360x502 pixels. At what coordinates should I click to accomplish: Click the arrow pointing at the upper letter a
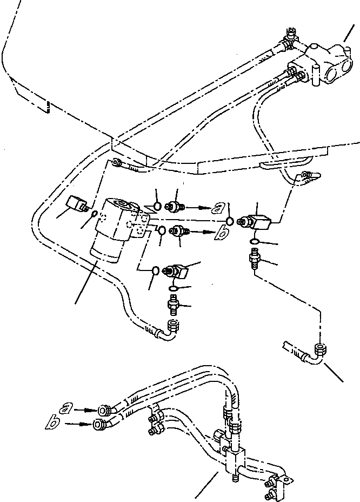pyautogui.click(x=200, y=207)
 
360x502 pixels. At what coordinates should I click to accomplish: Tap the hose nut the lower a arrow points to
pyautogui.click(x=104, y=411)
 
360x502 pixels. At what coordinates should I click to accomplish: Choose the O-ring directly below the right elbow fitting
pyautogui.click(x=255, y=240)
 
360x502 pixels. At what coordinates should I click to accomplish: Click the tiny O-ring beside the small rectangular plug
pyautogui.click(x=94, y=215)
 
